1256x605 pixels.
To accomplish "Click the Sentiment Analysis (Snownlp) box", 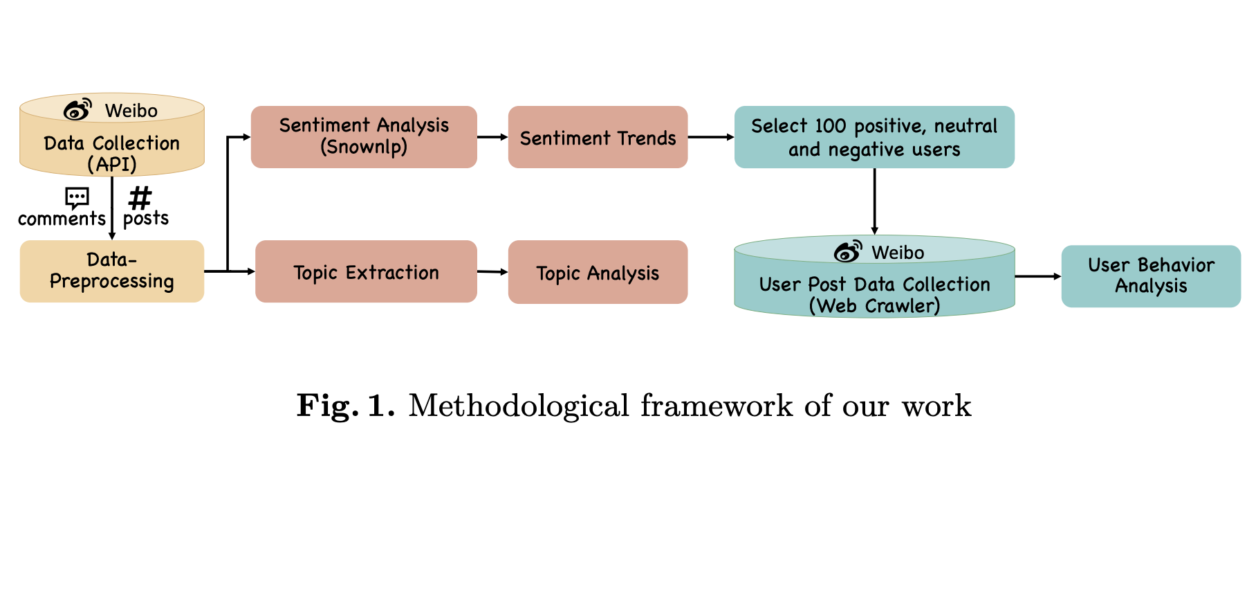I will (x=364, y=136).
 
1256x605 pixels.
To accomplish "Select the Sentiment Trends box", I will (x=598, y=137).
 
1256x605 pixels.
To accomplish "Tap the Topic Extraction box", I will (x=366, y=271).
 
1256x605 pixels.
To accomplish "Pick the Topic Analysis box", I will (x=598, y=272).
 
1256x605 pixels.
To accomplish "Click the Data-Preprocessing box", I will (x=112, y=271).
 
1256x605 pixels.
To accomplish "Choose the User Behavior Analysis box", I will (x=1151, y=276).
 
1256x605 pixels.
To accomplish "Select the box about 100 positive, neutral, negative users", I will (x=874, y=137).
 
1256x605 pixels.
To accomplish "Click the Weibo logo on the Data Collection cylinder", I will (x=77, y=109).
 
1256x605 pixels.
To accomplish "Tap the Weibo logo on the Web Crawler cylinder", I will (x=848, y=251).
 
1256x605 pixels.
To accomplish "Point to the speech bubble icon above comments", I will (x=77, y=197).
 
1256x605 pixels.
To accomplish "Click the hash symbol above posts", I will (x=140, y=198).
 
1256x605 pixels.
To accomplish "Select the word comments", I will (x=62, y=219).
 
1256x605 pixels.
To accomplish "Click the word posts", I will (x=146, y=219).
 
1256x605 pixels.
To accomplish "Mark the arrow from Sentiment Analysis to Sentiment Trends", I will (x=492, y=137).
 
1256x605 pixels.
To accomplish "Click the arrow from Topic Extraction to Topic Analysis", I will (x=492, y=272).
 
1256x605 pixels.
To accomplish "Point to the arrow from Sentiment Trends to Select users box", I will (x=711, y=137).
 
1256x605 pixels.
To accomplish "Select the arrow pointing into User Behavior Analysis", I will (x=1038, y=276).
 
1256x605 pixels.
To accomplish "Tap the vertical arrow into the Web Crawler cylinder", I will (x=874, y=201).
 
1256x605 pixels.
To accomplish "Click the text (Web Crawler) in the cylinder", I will (x=874, y=306).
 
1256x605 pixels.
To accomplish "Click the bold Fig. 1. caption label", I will (x=345, y=406).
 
